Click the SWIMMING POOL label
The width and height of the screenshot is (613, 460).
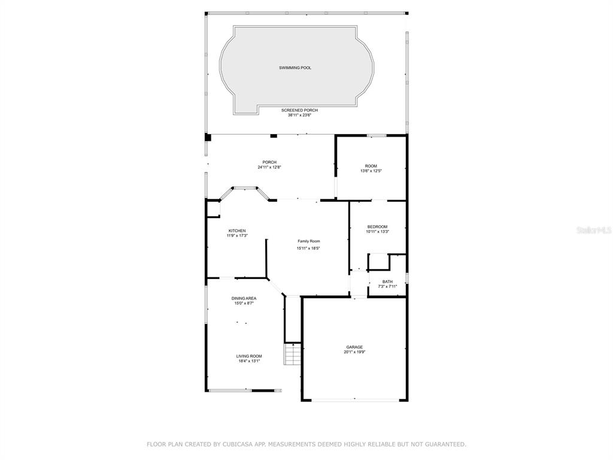295,68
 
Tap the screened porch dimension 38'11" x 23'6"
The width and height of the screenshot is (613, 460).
299,116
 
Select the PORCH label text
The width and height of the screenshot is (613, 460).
269,162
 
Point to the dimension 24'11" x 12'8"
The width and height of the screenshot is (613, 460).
269,168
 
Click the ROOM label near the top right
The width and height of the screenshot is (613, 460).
371,167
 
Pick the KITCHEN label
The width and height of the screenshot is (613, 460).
237,231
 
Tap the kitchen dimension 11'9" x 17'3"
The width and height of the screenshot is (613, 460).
237,235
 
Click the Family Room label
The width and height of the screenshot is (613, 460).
309,241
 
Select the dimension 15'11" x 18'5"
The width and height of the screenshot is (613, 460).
308,249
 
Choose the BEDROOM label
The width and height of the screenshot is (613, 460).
377,227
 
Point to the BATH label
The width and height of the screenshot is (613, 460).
387,282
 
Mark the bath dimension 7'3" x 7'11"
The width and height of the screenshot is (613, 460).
387,287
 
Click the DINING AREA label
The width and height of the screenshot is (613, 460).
244,298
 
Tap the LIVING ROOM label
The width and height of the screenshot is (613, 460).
249,356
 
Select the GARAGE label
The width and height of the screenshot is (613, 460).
354,347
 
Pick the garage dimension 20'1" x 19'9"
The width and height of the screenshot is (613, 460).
354,352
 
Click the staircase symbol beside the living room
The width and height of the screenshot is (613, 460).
292,353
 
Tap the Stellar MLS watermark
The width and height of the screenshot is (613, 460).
594,230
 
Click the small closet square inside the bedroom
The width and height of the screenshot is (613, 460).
378,262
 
